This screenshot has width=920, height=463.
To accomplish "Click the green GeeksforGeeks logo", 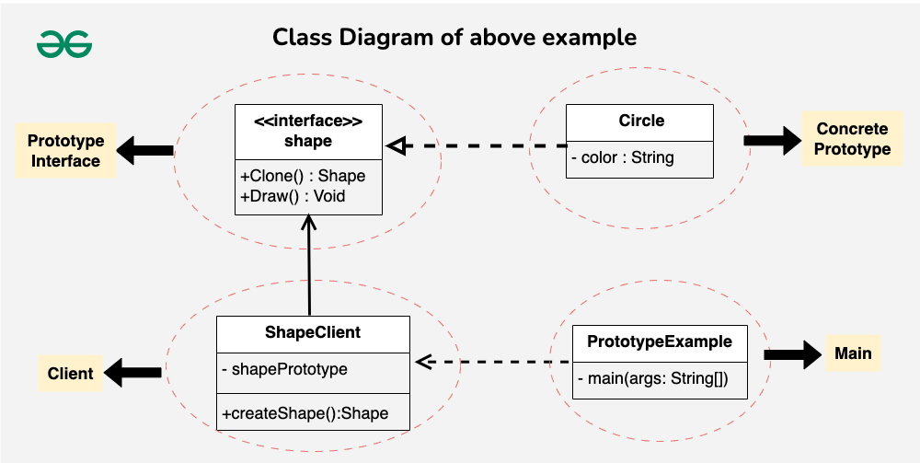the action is click(x=64, y=44).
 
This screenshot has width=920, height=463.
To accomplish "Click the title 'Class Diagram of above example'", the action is click(x=454, y=38).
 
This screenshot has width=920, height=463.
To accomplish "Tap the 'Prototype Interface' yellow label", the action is click(x=65, y=150).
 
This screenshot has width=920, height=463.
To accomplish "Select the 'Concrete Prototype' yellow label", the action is click(x=852, y=138).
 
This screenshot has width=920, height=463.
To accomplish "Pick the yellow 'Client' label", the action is click(x=71, y=373).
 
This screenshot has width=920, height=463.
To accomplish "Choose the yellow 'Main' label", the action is click(x=853, y=353).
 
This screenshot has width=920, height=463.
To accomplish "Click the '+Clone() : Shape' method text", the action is click(x=303, y=176).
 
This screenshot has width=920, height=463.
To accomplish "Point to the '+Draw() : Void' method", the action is click(x=293, y=196).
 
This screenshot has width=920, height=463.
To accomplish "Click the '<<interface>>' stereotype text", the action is click(x=308, y=121).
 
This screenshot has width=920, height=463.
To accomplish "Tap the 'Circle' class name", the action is click(x=641, y=121).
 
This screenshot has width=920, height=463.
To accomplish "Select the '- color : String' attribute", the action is click(x=623, y=157).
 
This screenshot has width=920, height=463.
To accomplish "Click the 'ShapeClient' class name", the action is click(x=313, y=332).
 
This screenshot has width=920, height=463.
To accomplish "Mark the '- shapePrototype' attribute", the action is click(x=284, y=369).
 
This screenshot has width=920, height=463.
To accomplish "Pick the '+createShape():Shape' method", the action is click(x=305, y=413).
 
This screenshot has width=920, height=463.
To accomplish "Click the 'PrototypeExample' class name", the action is click(x=660, y=341).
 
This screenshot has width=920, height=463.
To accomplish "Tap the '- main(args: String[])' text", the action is click(x=653, y=378).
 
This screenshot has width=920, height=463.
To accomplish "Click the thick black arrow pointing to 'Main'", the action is click(x=793, y=354).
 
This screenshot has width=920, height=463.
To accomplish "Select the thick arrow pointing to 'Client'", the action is click(x=133, y=373).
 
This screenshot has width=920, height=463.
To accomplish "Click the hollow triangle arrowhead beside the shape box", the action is click(x=397, y=145).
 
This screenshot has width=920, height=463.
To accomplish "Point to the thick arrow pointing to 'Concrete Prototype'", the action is click(x=772, y=141).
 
